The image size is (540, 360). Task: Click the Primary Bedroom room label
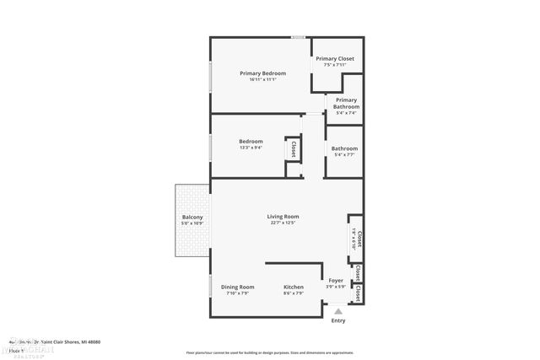pos(262,73)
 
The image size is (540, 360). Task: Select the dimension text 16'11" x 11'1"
pos(262,80)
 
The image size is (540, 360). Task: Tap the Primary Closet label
pos(335,58)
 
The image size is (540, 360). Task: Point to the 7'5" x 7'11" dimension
pos(335,65)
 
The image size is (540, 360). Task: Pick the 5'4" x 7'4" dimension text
pos(346,113)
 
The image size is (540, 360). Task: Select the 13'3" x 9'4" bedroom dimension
pos(251,148)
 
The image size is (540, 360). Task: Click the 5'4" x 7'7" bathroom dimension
pos(343,154)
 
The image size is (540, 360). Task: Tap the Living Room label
pos(283,216)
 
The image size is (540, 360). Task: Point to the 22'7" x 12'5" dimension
pos(283,223)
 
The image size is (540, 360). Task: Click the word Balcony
pos(192,217)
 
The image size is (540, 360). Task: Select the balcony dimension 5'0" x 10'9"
pos(192,223)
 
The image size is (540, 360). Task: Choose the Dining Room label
pos(237,287)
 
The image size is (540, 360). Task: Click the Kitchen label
pos(294,287)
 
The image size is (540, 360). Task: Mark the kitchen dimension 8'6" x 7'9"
pos(294,293)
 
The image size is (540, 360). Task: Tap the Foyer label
pos(335,280)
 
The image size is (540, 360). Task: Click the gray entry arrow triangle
pos(338,310)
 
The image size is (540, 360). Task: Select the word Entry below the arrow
pos(338,320)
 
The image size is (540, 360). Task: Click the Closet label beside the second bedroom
pos(293,149)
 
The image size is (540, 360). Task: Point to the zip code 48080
pos(91,341)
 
